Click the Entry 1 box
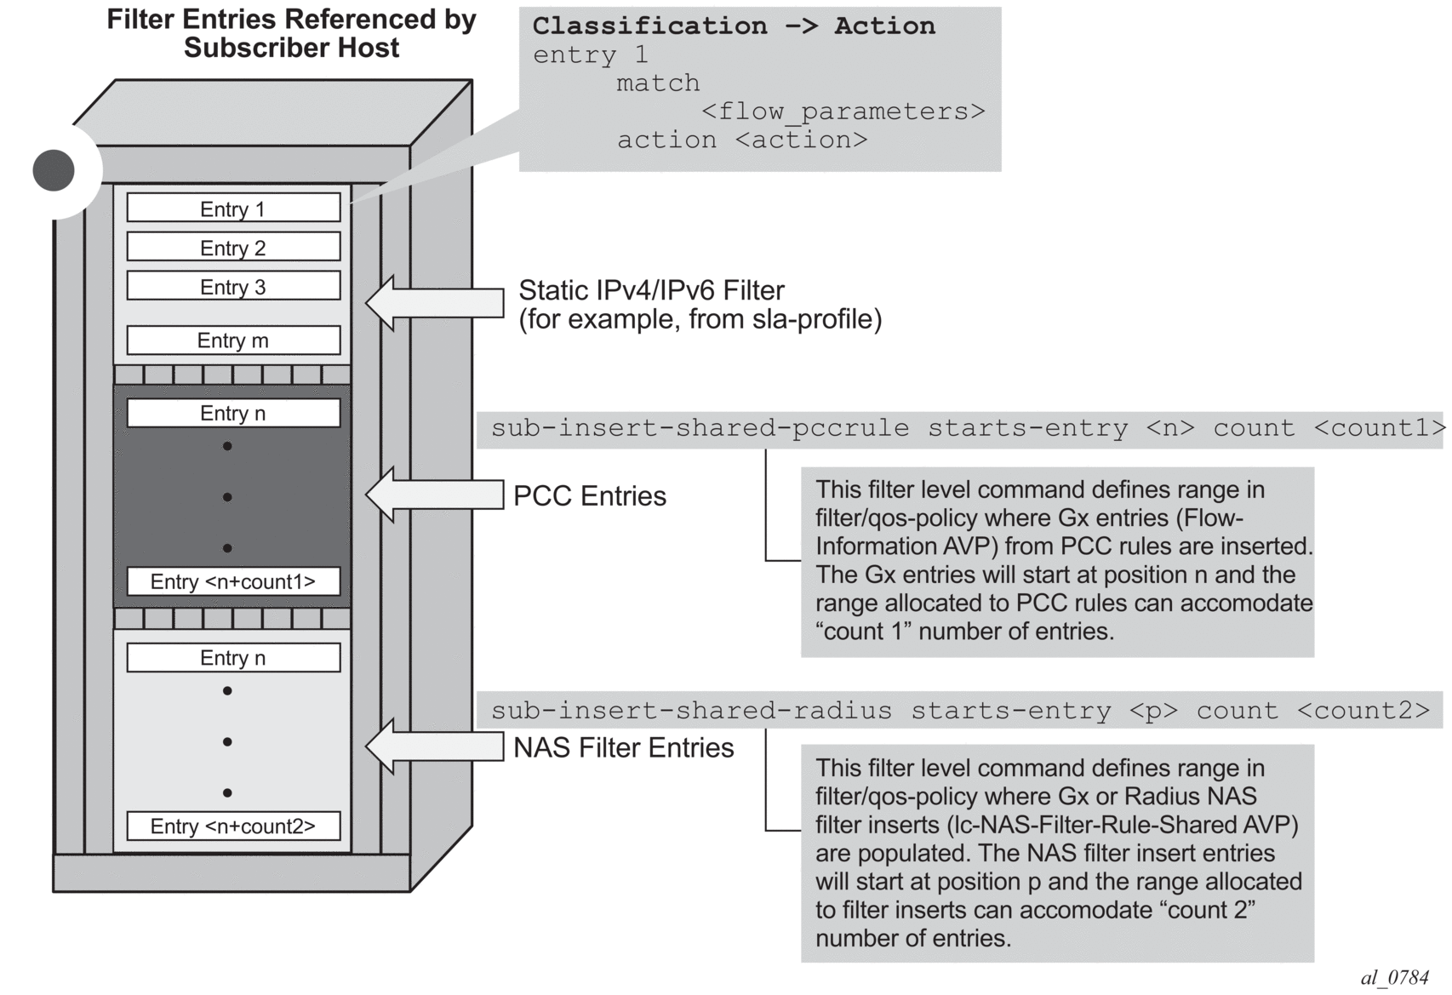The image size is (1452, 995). [x=233, y=209]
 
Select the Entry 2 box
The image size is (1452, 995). [x=233, y=248]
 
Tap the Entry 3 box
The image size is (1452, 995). [x=233, y=287]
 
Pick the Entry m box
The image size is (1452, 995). [x=233, y=340]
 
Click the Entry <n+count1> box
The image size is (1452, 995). [x=233, y=581]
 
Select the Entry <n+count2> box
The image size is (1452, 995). [x=233, y=826]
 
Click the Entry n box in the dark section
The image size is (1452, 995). [x=233, y=413]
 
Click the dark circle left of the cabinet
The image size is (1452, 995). [x=54, y=170]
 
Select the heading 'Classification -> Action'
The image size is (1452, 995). [x=733, y=26]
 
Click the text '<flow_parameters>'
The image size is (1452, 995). [x=843, y=112]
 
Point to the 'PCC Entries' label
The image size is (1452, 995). [x=590, y=496]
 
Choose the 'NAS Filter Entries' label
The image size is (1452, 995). [x=624, y=747]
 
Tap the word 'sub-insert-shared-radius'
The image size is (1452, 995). [x=691, y=710]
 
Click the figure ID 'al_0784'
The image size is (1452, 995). [x=1394, y=978]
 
